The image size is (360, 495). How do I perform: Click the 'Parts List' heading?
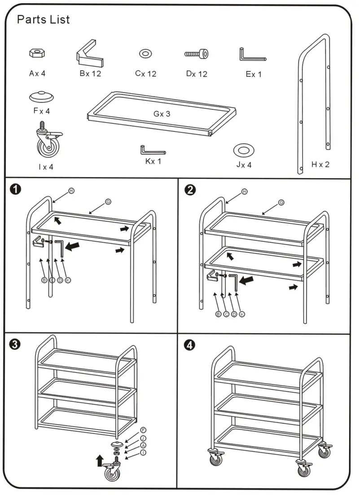coord(43,20)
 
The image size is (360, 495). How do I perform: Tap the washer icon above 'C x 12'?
coord(145,54)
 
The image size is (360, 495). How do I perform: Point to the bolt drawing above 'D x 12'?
coord(197,54)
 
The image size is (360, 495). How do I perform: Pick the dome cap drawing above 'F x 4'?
coord(41,96)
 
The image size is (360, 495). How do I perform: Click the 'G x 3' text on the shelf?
coord(162,114)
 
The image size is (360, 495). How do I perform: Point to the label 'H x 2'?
coord(320,164)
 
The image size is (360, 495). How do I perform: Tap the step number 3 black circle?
coord(15,344)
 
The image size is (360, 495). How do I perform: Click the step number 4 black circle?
coord(190,345)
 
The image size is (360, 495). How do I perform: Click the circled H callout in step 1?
coord(71,191)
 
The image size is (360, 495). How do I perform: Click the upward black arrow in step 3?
coord(99,460)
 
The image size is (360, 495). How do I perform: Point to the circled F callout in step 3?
coord(143,429)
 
